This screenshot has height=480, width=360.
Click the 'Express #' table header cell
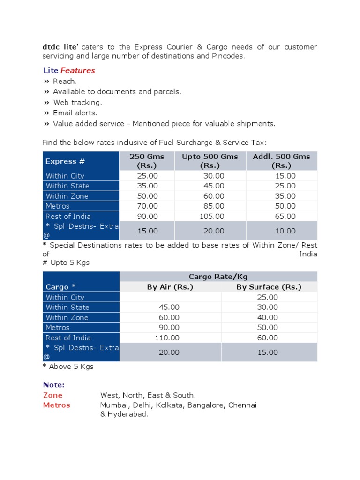click(x=65, y=161)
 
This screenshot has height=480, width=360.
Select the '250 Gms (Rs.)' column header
click(x=147, y=161)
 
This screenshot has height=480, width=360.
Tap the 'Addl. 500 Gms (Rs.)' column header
click(x=281, y=161)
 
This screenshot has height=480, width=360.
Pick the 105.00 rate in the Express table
click(x=213, y=216)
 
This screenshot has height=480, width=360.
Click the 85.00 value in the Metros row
click(x=213, y=206)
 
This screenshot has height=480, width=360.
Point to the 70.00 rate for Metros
click(x=147, y=206)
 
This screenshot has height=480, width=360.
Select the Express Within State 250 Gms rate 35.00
click(x=147, y=186)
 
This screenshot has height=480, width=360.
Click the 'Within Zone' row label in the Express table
click(x=67, y=196)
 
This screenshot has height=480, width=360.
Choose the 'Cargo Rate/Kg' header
click(x=218, y=277)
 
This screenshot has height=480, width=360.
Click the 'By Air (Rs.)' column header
click(x=170, y=287)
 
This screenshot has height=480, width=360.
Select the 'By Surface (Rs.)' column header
click(x=269, y=287)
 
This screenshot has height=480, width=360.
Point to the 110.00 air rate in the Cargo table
click(x=167, y=337)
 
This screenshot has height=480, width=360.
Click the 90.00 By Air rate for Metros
click(x=169, y=327)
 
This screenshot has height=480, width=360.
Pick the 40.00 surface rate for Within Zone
click(x=267, y=317)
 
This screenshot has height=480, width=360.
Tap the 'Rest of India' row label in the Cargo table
click(x=68, y=337)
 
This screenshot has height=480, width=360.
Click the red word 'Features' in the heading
click(x=77, y=70)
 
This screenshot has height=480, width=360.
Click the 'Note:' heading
click(x=53, y=384)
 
